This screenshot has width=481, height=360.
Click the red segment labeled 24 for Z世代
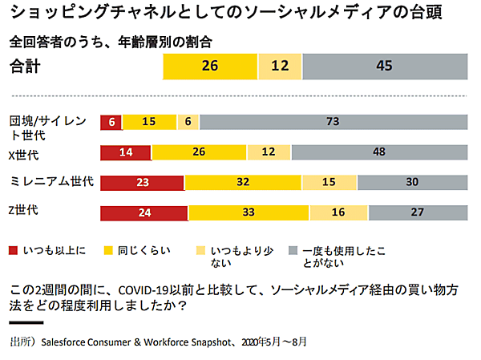click(x=144, y=212)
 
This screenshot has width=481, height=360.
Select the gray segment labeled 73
click(x=333, y=121)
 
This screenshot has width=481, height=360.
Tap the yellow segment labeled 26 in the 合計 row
click(x=210, y=66)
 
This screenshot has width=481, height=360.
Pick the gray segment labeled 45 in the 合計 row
click(x=384, y=66)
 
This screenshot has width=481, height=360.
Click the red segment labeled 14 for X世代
click(x=126, y=152)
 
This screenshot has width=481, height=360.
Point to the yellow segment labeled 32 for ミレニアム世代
click(x=244, y=183)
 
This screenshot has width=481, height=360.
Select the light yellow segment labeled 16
click(x=338, y=212)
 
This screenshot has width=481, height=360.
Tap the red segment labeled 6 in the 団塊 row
click(x=111, y=121)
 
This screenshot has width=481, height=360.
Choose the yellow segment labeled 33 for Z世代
click(x=249, y=212)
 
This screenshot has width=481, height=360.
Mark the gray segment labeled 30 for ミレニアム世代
click(x=412, y=183)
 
